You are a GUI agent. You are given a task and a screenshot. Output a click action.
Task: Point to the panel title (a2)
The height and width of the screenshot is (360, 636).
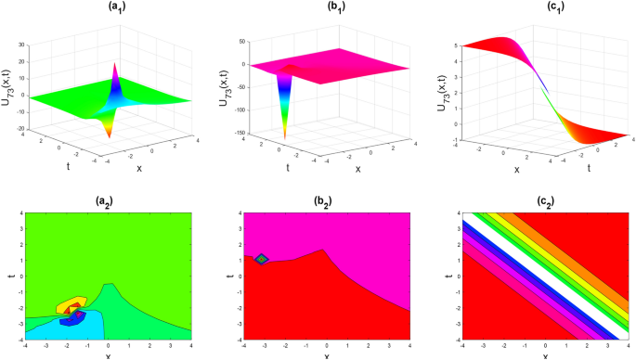coord(107,201)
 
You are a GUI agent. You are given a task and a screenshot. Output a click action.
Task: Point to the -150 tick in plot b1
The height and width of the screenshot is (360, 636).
coord(231,133)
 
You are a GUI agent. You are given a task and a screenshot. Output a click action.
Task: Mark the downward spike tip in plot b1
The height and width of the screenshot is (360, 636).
coord(285,137)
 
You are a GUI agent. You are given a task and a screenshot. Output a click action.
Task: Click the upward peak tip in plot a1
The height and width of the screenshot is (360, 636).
coord(114,63)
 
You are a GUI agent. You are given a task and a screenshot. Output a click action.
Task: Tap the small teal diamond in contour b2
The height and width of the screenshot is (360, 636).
coord(263,259)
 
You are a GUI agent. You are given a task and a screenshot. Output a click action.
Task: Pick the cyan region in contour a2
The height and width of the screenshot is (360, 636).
coord(56,330)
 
